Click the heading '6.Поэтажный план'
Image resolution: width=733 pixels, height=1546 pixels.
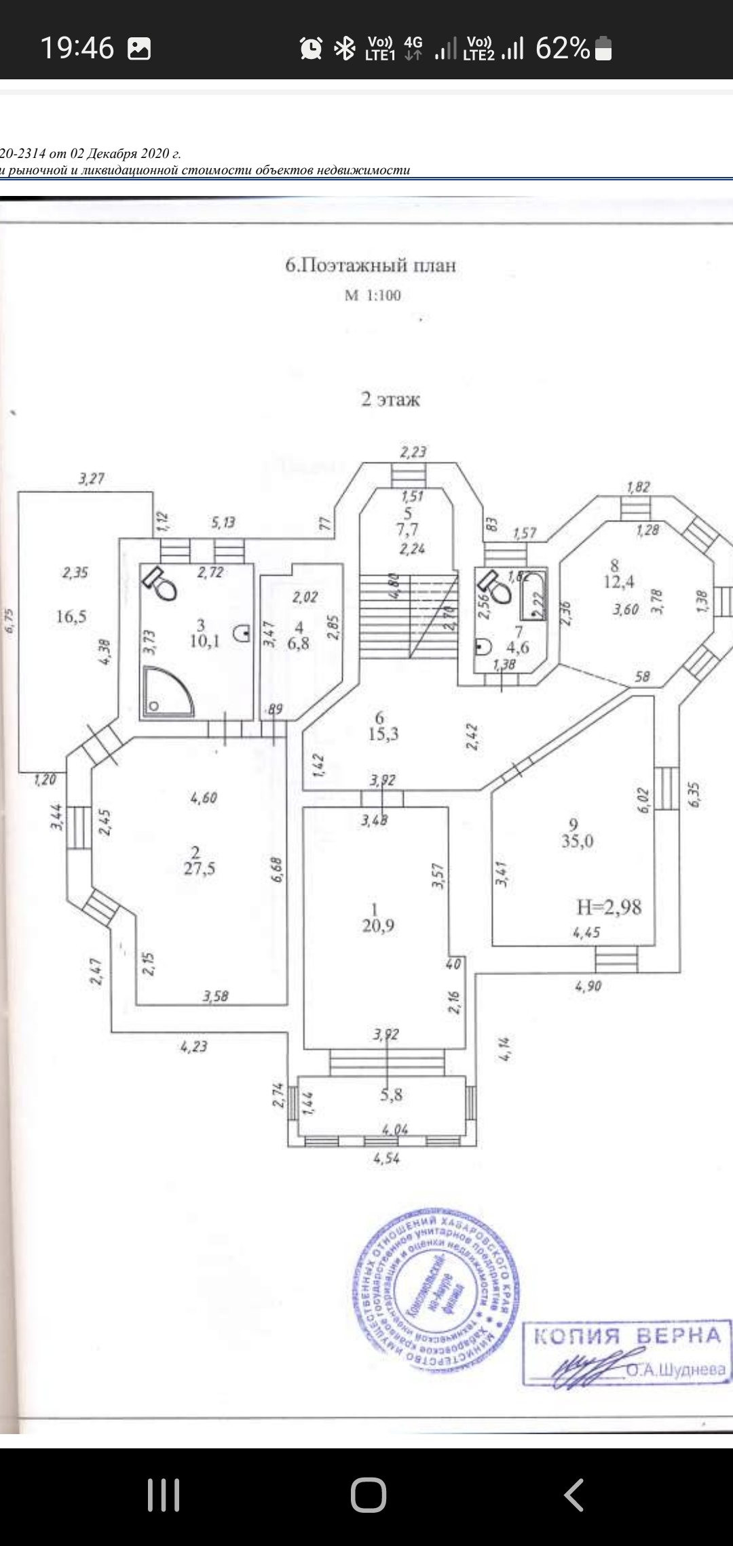(371, 265)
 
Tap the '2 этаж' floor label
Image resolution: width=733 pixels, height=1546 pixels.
(390, 399)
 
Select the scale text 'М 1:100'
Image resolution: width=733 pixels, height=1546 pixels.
(373, 296)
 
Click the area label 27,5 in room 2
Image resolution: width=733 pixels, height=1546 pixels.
(200, 869)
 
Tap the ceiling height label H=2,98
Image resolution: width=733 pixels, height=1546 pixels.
(609, 907)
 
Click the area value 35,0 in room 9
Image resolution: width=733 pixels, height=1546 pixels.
(577, 841)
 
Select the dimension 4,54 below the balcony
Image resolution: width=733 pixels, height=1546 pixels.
(386, 1158)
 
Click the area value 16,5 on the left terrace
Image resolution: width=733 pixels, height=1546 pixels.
(71, 616)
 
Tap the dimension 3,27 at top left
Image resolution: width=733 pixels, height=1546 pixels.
(91, 479)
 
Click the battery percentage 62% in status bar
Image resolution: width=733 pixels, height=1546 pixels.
(563, 48)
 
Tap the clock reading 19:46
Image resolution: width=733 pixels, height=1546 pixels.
(77, 48)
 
